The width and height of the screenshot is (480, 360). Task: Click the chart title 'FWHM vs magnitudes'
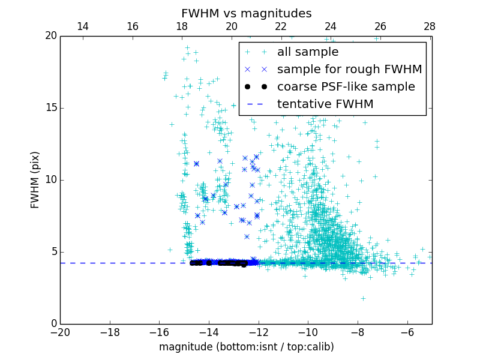tap(246, 13)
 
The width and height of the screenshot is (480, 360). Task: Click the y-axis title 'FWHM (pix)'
tap(35, 180)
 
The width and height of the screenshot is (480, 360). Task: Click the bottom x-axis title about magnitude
tap(246, 347)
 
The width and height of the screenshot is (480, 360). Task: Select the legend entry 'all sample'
tap(307, 52)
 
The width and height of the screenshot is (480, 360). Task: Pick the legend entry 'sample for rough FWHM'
tap(349, 70)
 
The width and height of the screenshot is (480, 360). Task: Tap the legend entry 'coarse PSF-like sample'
tap(346, 87)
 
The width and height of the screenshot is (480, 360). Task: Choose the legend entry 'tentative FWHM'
tap(325, 104)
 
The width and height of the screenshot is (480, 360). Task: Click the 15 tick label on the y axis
tap(50, 108)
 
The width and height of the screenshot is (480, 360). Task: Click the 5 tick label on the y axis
tap(53, 252)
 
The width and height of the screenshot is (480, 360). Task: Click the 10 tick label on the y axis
tap(50, 180)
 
